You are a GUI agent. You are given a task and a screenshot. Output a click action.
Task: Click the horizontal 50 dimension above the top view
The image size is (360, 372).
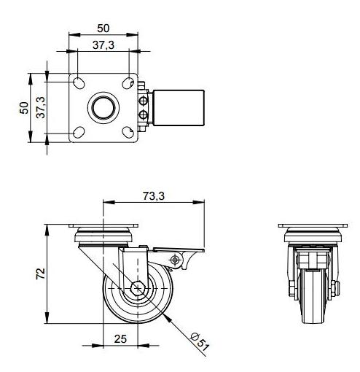tap(103, 28)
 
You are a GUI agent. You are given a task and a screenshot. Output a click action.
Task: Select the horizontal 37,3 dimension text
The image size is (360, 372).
tap(103, 45)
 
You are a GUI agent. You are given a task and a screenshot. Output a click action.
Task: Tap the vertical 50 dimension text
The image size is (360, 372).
tap(24, 108)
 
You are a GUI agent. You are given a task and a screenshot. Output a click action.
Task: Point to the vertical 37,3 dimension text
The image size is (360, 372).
tap(41, 107)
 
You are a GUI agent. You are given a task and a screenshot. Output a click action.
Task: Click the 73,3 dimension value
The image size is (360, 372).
tap(154, 196)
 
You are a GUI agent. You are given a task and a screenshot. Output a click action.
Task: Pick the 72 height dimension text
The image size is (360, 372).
tap(41, 274)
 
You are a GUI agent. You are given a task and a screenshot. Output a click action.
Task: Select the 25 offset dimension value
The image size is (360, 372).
tap(120, 339)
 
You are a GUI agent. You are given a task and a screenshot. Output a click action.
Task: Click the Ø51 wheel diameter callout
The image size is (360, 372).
tap(200, 342)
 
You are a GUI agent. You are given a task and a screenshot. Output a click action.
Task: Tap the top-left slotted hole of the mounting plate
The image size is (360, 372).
tap(79, 82)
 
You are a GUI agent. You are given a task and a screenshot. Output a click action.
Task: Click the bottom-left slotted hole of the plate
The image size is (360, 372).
tap(79, 133)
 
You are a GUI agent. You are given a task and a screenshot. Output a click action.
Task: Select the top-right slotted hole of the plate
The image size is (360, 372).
tap(128, 83)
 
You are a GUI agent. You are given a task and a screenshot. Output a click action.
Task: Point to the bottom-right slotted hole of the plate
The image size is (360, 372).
tap(128, 133)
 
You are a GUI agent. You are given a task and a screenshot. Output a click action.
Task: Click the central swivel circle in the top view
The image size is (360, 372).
tap(103, 108)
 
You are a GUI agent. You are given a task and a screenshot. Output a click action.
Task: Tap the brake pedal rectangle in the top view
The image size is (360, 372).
tap(179, 108)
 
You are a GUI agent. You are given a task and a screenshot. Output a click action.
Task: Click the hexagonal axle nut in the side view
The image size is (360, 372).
tap(138, 288)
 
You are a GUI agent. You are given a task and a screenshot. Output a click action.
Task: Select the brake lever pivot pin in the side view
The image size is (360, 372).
tap(174, 260)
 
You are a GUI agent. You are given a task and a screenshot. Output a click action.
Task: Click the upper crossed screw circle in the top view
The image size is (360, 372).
tap(144, 101)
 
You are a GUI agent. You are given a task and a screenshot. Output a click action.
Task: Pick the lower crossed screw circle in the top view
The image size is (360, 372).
tap(144, 115)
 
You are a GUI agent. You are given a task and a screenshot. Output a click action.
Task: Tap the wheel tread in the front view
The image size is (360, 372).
tap(313, 297)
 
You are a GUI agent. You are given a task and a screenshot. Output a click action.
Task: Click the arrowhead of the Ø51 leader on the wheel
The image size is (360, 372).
tap(168, 317)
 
